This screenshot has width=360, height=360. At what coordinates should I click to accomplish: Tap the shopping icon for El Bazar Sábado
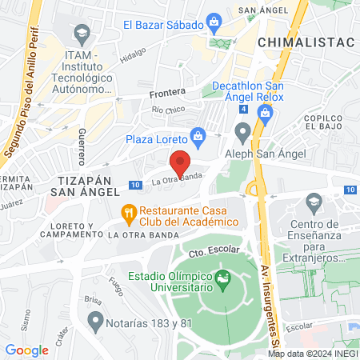(x=214, y=21)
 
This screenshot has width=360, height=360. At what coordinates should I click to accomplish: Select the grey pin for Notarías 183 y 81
(x=96, y=322)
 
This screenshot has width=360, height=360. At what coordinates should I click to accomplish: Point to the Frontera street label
(x=167, y=93)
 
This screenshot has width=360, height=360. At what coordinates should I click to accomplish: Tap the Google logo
(x=27, y=350)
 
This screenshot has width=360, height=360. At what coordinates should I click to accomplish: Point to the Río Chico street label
(x=168, y=109)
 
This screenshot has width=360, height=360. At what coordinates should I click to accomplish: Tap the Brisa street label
(x=94, y=301)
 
